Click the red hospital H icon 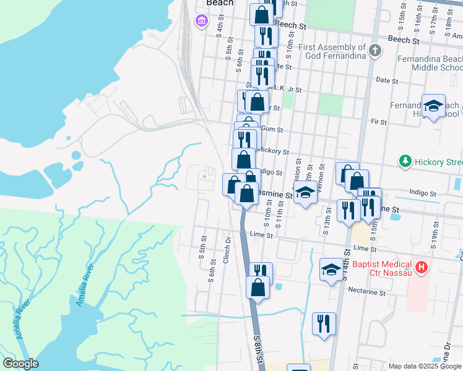(422, 267)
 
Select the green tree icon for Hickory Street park (405, 161)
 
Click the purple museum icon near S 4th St (201, 22)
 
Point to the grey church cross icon (374, 51)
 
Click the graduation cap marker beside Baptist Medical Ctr (331, 269)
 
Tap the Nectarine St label (367, 290)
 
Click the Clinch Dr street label (227, 247)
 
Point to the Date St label (386, 80)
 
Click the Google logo (20, 364)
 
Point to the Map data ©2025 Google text (425, 366)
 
